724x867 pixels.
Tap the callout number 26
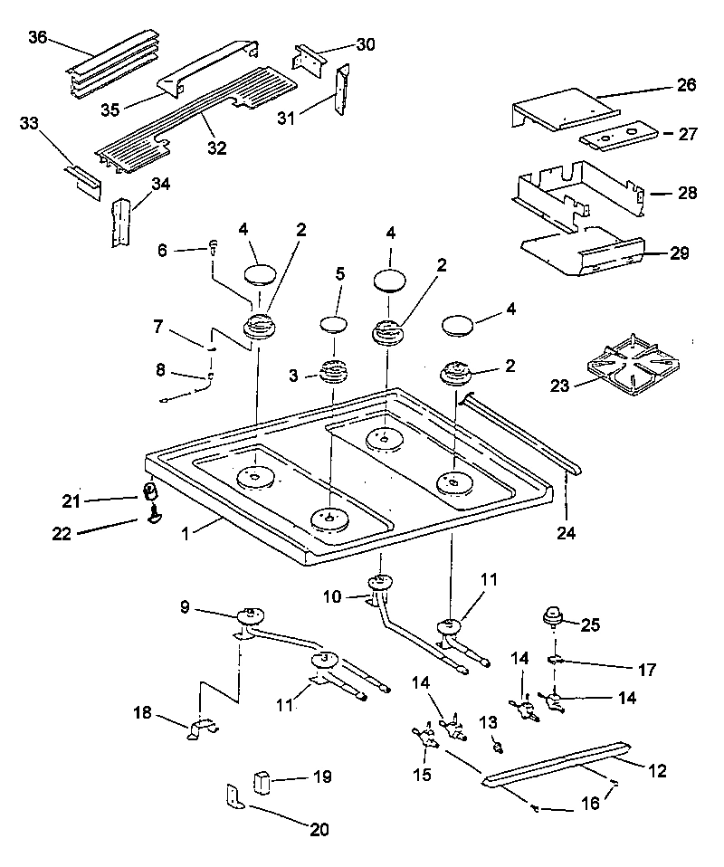[686, 86]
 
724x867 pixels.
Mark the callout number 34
[161, 185]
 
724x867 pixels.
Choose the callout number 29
[679, 253]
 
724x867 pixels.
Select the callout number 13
[489, 720]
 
